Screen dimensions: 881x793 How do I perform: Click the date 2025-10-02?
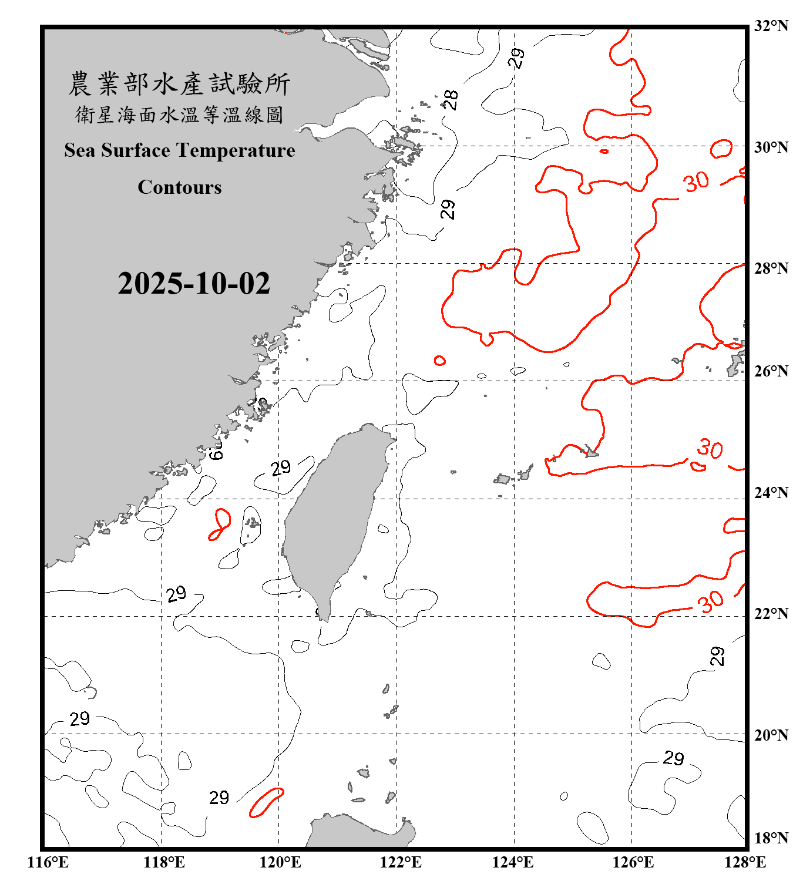point(194,284)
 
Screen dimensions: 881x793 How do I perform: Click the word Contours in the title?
point(180,187)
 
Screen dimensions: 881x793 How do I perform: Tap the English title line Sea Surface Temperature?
point(180,150)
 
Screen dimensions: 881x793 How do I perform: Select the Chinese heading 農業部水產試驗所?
point(180,84)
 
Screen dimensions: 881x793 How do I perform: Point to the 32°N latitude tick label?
point(771,26)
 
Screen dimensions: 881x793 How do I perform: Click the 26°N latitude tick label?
point(771,371)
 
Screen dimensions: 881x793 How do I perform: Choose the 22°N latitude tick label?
point(771,614)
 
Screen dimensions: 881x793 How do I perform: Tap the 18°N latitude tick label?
point(771,838)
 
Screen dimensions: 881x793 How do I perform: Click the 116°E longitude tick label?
point(48,862)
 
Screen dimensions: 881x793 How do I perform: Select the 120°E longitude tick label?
point(280,862)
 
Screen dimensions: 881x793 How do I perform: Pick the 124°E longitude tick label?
point(513,862)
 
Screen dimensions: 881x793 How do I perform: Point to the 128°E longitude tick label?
point(745,862)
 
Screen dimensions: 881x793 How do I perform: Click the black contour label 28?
point(451,100)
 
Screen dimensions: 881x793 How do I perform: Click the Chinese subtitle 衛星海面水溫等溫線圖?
point(180,115)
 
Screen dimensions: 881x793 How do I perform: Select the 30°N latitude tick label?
point(771,147)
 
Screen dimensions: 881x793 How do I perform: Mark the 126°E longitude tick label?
point(633,862)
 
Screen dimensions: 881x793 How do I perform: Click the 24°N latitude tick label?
point(771,493)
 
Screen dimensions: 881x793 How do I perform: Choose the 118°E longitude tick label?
point(164,862)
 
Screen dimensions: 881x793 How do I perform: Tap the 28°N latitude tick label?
point(771,268)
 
